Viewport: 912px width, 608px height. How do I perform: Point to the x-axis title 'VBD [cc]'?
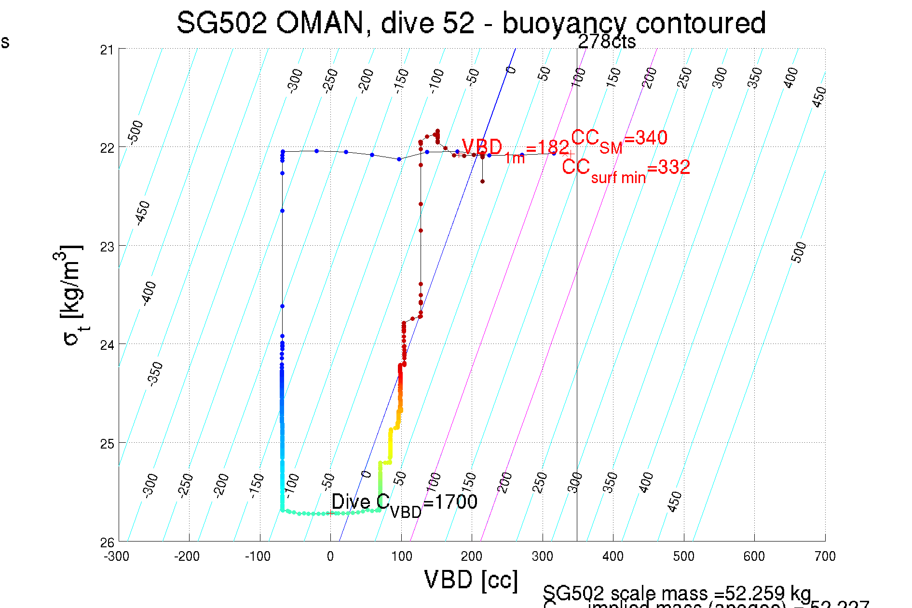pos(471,580)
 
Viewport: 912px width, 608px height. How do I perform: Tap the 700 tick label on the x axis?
pos(825,556)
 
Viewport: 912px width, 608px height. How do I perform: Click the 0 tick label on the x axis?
pos(330,556)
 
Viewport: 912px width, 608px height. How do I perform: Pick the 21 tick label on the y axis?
pos(107,50)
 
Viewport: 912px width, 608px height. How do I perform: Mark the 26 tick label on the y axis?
pos(107,542)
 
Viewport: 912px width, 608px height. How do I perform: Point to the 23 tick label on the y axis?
pos(107,247)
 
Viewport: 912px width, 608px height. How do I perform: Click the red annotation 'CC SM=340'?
pos(619,140)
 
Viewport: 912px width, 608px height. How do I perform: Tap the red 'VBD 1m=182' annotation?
pos(515,149)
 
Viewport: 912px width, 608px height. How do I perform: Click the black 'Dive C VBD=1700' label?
pos(404,504)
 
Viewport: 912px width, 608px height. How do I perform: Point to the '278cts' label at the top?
pos(607,42)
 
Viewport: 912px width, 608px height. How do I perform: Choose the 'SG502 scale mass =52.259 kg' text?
pos(677,593)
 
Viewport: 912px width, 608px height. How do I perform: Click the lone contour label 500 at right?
pos(799,252)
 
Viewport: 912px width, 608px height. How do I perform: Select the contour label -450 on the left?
pos(143,213)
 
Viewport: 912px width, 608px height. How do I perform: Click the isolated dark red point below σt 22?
pos(482,182)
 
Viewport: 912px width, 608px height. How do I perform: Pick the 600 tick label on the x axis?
pos(754,556)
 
